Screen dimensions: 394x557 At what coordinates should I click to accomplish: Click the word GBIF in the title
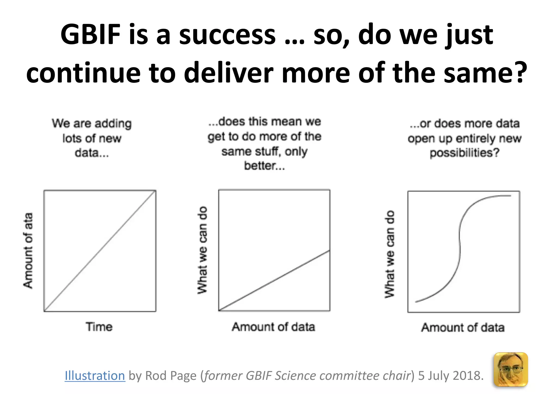pyautogui.click(x=90, y=35)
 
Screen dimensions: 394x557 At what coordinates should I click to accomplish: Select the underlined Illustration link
pyautogui.click(x=95, y=376)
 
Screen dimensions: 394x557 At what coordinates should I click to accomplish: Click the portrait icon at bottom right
pyautogui.click(x=510, y=370)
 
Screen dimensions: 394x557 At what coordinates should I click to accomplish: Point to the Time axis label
pyautogui.click(x=99, y=327)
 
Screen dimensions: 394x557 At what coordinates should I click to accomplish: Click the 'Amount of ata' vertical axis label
pyautogui.click(x=28, y=250)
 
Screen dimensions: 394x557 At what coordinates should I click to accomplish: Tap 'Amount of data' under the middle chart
pyautogui.click(x=273, y=327)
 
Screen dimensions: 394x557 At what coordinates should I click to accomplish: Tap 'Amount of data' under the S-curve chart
pyautogui.click(x=463, y=327)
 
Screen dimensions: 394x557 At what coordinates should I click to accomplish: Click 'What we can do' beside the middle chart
pyautogui.click(x=202, y=250)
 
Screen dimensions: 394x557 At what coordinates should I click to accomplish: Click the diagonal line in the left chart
pyautogui.click(x=100, y=251)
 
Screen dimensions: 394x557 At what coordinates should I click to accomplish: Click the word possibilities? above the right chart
pyautogui.click(x=465, y=153)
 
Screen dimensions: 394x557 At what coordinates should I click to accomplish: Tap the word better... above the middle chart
pyautogui.click(x=264, y=166)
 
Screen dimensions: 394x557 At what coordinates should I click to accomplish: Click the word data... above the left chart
pyautogui.click(x=92, y=153)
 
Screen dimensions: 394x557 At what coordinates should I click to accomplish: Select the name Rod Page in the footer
pyautogui.click(x=171, y=376)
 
